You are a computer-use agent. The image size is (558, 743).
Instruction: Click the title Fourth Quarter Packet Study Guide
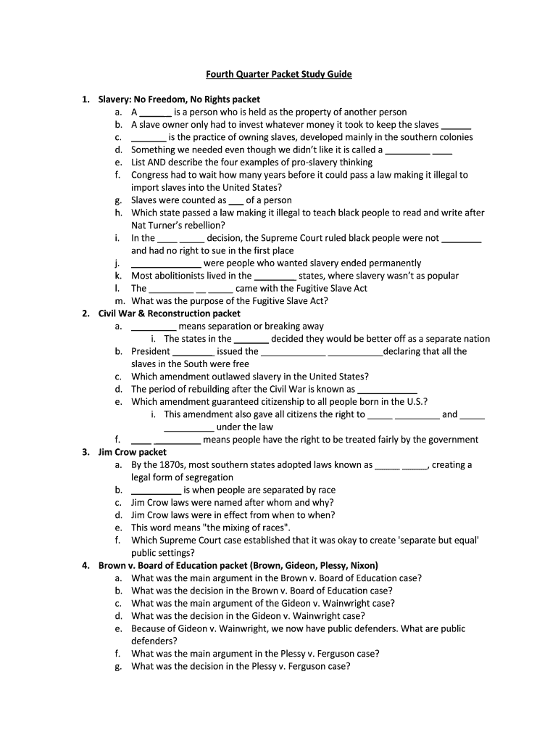click(x=279, y=74)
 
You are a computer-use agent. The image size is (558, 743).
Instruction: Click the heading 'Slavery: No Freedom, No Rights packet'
click(x=179, y=99)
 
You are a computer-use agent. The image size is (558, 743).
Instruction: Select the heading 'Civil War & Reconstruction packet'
click(x=169, y=313)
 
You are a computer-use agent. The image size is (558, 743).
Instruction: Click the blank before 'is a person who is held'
click(x=155, y=112)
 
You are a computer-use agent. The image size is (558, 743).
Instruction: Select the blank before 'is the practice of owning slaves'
click(x=148, y=137)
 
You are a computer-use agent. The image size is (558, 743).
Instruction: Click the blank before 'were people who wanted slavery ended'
click(x=166, y=263)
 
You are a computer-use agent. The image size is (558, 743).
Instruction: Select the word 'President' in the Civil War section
click(x=151, y=352)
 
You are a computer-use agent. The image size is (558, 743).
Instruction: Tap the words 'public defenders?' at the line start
click(x=154, y=641)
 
